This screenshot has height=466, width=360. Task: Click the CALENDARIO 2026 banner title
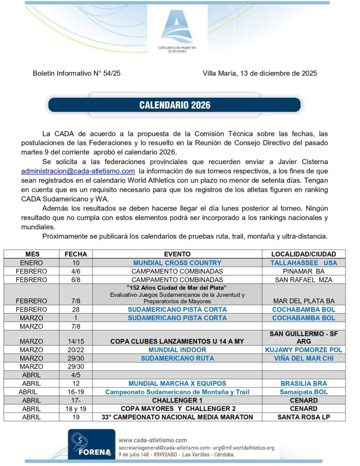click(174, 105)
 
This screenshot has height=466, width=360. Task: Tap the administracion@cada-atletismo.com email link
click(78, 171)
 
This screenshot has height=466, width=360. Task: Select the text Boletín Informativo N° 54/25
click(76, 73)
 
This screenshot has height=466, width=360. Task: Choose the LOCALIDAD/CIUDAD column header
click(304, 254)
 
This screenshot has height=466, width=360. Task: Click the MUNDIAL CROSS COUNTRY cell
click(177, 263)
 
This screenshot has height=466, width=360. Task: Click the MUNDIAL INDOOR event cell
click(177, 349)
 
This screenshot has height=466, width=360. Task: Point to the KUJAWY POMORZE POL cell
click(304, 349)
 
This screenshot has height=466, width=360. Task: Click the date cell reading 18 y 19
click(76, 409)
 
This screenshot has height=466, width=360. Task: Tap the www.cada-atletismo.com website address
click(152, 440)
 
